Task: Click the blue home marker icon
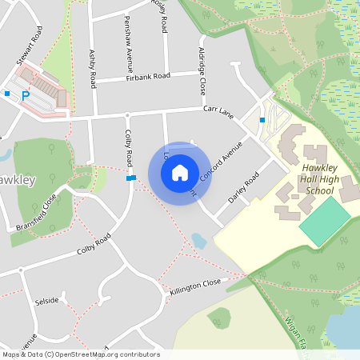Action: [179, 172]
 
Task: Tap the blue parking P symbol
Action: [26, 95]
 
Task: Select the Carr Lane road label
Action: [218, 111]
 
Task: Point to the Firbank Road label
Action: [149, 77]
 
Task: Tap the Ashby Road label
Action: [94, 69]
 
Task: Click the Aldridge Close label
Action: [202, 70]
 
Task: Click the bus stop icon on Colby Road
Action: [130, 178]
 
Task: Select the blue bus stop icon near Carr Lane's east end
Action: [262, 119]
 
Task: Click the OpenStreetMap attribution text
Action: [80, 354]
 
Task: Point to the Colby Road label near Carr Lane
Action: [128, 150]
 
